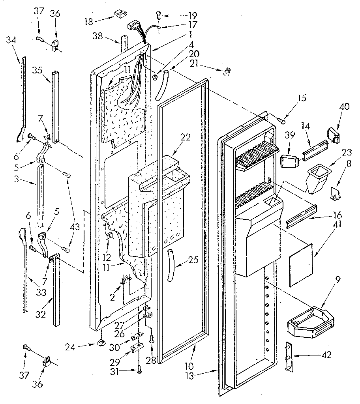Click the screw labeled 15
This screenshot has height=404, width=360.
pos(281,120)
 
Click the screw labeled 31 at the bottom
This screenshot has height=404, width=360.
pos(139,370)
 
